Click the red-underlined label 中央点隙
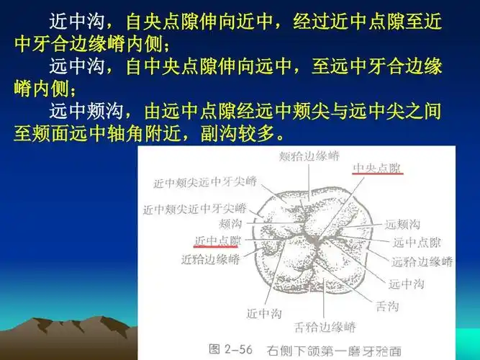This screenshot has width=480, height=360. [377, 168]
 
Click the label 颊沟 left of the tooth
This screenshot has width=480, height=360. [230, 225]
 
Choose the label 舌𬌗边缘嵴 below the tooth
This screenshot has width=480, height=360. [325, 328]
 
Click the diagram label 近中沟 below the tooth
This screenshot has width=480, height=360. [263, 314]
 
